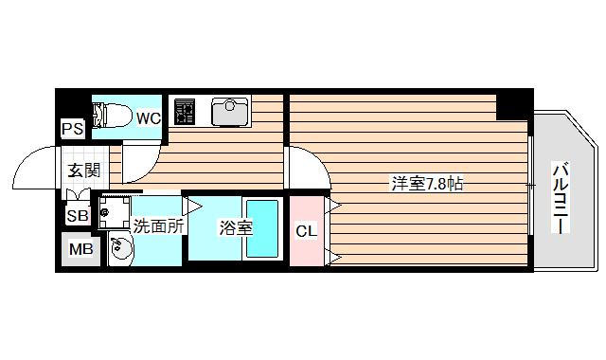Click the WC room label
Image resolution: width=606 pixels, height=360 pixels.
[148, 118]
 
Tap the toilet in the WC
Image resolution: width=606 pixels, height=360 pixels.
[115, 115]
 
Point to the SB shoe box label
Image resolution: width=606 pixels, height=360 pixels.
[76, 215]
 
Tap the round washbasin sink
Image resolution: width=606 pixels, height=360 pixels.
[121, 250]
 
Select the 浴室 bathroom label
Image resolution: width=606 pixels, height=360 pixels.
[235, 227]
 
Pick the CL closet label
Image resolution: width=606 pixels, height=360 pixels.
[306, 231]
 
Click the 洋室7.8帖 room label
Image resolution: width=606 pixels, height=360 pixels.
[427, 184]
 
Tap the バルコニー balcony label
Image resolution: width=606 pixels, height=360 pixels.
[560, 199]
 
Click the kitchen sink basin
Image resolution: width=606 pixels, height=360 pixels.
[228, 112]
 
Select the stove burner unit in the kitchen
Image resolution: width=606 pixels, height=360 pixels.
[184, 111]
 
